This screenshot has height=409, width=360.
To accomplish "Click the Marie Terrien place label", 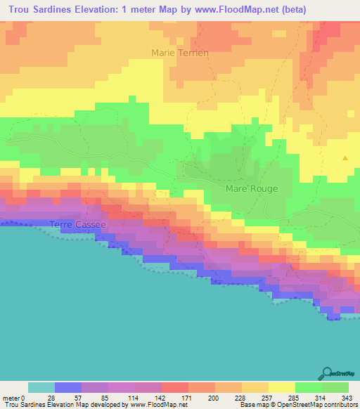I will (180, 53).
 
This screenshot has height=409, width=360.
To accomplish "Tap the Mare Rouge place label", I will (251, 188).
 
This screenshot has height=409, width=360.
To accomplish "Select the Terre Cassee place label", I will (77, 224).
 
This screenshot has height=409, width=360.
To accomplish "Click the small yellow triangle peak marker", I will (345, 158).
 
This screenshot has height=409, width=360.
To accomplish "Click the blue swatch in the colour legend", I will (68, 387).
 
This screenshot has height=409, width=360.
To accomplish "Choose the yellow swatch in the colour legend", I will (282, 387).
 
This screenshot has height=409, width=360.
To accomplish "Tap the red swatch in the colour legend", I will (175, 387).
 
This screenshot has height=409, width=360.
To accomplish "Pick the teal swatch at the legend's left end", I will (41, 387).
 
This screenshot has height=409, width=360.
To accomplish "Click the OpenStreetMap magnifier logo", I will (328, 372).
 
